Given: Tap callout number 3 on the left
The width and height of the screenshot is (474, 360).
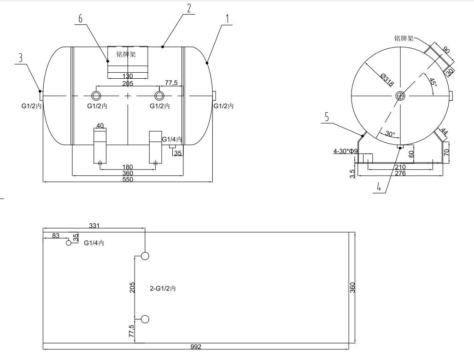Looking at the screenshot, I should tap(20, 58).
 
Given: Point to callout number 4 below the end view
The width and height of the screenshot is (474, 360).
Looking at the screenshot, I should tap(379, 187).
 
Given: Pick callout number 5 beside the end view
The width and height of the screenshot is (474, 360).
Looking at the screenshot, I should tap(327, 117).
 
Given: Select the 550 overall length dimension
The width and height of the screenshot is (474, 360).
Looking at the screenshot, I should tap(128, 180).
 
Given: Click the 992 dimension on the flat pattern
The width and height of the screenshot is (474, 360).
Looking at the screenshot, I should tap(196, 347).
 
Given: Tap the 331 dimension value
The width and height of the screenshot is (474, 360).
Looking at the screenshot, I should tap(94, 226).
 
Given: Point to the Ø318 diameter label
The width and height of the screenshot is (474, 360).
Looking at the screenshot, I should tap(387, 80).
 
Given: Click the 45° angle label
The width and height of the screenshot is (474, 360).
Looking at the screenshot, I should tap(433, 82).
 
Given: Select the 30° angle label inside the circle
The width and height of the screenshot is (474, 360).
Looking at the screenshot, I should tap(390, 134).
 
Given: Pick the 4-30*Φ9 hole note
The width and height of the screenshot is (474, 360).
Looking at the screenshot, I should tap(345, 151).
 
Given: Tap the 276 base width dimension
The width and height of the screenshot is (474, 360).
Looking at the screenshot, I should tap(400, 174).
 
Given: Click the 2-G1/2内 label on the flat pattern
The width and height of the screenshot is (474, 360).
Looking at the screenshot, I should tap(163, 289).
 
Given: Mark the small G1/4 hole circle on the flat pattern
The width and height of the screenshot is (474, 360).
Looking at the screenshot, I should tap(69, 243).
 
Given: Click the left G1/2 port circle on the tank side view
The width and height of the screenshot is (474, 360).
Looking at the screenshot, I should tap(96, 96).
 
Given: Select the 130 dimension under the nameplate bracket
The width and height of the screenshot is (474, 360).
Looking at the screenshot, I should tap(128, 76).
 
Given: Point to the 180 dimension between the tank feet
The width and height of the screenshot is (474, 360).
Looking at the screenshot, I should tap(128, 167).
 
